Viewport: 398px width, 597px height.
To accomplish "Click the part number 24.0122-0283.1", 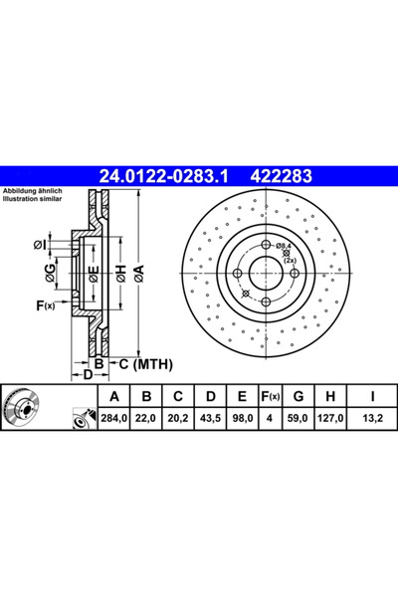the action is click(163, 176).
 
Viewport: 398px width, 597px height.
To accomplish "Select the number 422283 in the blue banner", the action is click(281, 176).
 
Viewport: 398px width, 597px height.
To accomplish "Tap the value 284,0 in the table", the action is click(113, 418).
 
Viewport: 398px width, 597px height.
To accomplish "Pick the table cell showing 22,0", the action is click(146, 418).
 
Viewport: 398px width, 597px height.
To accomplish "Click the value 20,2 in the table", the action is click(178, 418).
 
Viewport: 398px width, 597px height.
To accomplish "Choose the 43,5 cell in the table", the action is click(210, 418).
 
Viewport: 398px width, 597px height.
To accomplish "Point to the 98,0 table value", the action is click(242, 418).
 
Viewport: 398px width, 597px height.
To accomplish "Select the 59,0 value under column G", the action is click(298, 418).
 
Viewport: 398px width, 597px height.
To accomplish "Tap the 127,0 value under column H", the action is click(330, 418).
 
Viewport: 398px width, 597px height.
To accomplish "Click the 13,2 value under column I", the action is click(372, 418).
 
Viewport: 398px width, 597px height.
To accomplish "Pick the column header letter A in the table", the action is click(113, 397).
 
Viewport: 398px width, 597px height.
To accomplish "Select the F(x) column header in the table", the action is click(270, 397).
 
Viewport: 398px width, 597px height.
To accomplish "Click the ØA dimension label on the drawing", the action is click(139, 274).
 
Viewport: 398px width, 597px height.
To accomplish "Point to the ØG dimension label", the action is click(50, 273).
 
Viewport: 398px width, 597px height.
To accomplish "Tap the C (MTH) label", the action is click(146, 364).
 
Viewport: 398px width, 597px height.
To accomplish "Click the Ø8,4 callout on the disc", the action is click(284, 245).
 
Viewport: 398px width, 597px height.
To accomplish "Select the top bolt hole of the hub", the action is click(267, 245).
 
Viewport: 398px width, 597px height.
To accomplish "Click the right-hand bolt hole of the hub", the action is click(295, 273).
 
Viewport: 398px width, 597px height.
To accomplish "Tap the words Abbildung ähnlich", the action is click(33, 191).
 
